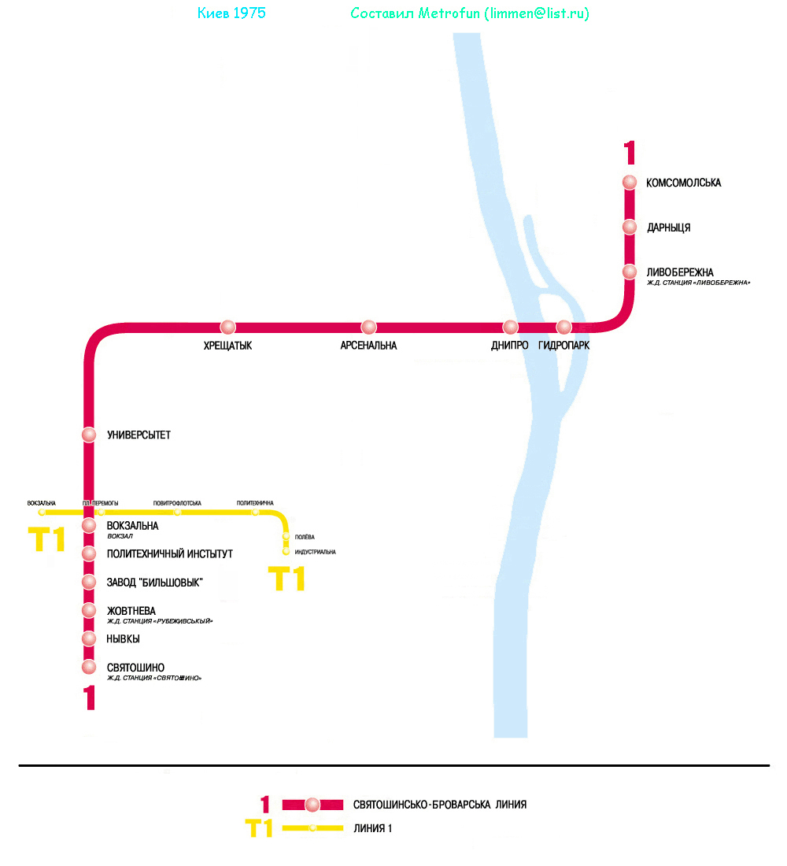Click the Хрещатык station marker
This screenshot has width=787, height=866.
(228, 327)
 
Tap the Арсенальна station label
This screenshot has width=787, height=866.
(368, 346)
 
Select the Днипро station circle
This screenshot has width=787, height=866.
(510, 327)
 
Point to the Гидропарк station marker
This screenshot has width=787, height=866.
(563, 327)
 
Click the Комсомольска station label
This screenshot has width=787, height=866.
(683, 183)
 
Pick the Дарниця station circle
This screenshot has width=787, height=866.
(630, 227)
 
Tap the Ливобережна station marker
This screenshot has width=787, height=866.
(630, 272)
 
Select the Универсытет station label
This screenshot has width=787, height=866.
(139, 435)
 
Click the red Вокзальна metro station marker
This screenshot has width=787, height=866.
(89, 525)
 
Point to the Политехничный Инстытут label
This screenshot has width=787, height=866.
(169, 554)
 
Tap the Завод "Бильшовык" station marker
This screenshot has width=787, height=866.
(89, 582)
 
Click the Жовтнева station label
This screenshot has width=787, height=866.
(131, 611)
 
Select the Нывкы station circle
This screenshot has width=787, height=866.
(89, 638)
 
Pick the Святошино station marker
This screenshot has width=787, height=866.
(89, 668)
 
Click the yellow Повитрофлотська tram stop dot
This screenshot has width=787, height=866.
(178, 513)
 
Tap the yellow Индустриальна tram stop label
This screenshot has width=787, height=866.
(315, 552)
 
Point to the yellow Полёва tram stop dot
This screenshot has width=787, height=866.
(286, 537)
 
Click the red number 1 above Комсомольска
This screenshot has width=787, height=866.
(629, 151)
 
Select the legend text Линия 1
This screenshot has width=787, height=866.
(372, 828)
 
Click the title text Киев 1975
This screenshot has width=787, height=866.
(230, 13)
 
